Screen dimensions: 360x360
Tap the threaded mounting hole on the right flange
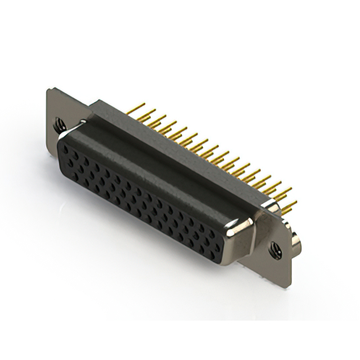coord(275,248)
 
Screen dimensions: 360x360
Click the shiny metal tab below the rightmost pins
coord(273,206)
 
